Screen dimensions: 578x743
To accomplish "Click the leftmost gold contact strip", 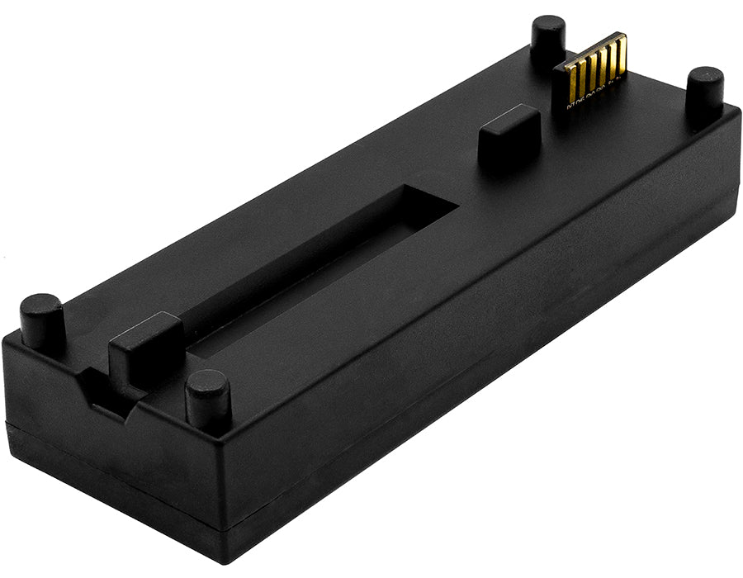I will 573,83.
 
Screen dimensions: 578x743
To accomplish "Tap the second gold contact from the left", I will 582,79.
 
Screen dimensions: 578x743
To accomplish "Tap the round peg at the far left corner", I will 41,318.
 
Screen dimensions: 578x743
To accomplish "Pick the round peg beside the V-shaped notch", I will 207,399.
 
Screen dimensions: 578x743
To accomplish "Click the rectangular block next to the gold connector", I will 509,133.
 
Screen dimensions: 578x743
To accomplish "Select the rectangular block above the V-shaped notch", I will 146,347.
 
